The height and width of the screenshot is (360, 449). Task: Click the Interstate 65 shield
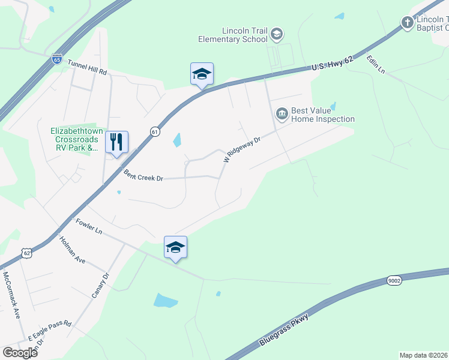coord(57,59)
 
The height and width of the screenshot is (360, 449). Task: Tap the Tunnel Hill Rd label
coord(87,67)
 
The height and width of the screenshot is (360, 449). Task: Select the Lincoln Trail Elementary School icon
coord(277,34)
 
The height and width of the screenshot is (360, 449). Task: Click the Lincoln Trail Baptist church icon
coord(407,23)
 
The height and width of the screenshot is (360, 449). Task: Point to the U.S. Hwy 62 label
coord(334,62)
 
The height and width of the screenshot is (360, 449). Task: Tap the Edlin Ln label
coord(376,66)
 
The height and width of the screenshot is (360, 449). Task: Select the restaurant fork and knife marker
coord(117,142)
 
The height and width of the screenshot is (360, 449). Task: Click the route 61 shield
coord(155,132)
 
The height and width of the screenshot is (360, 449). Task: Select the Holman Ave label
coord(72,250)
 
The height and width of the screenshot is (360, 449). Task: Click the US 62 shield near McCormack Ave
coord(26,254)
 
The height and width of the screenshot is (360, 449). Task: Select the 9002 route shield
coord(394,281)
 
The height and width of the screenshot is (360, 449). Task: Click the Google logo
coord(20,353)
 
